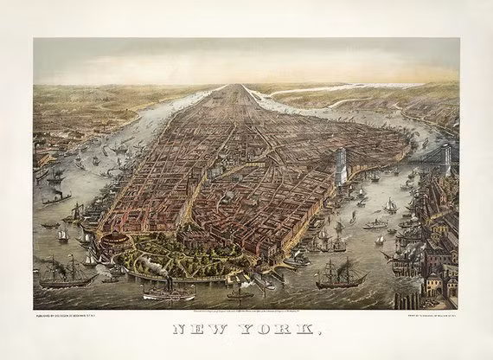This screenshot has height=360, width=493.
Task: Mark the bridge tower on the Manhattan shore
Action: (340, 164)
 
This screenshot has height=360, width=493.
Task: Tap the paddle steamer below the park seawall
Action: (170, 292)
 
